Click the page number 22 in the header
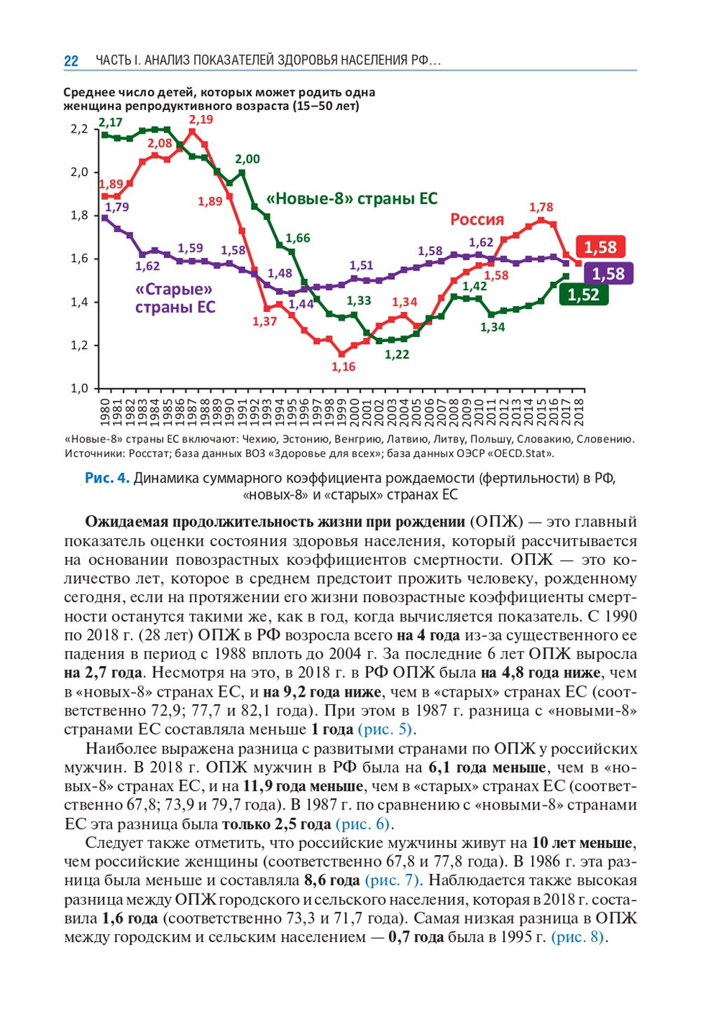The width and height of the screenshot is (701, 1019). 71,61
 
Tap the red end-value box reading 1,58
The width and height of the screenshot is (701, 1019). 600,247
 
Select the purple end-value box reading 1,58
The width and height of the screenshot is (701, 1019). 608,274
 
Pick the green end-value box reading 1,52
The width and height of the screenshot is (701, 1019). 583,295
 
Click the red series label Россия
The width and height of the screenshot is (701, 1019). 477,219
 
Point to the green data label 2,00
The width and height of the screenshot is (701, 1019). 247,159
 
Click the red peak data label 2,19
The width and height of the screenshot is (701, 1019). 201,120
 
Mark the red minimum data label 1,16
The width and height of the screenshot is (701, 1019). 343,367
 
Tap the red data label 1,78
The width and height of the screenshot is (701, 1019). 541,207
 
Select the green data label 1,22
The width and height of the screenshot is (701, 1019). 397,355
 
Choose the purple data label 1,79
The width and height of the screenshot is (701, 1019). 117,207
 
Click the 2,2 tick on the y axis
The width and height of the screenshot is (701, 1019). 79,129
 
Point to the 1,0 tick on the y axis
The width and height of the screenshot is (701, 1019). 79,388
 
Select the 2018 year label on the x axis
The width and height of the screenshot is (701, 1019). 579,411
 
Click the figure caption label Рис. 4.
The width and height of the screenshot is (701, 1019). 107,478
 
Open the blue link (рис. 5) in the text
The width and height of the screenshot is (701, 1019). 385,729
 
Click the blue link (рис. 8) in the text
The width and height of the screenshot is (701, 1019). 578,937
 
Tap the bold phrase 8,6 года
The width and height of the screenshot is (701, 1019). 332,880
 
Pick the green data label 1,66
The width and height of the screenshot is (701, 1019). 298,238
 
